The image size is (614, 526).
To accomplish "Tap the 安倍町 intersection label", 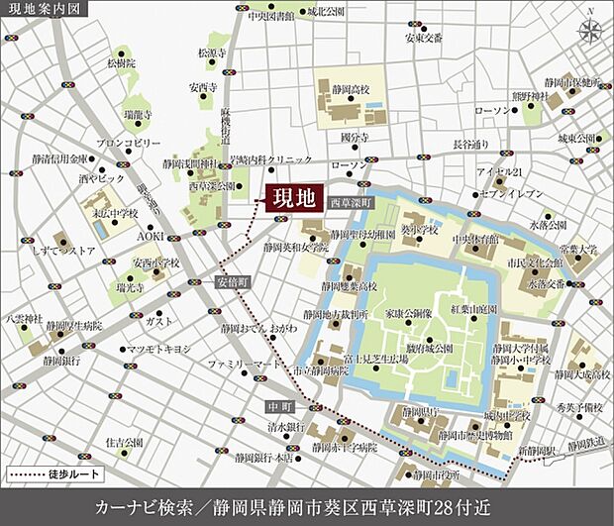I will (x=234, y=281).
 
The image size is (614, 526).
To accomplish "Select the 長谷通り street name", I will (x=471, y=145).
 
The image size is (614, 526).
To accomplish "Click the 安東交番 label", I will (x=421, y=39).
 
